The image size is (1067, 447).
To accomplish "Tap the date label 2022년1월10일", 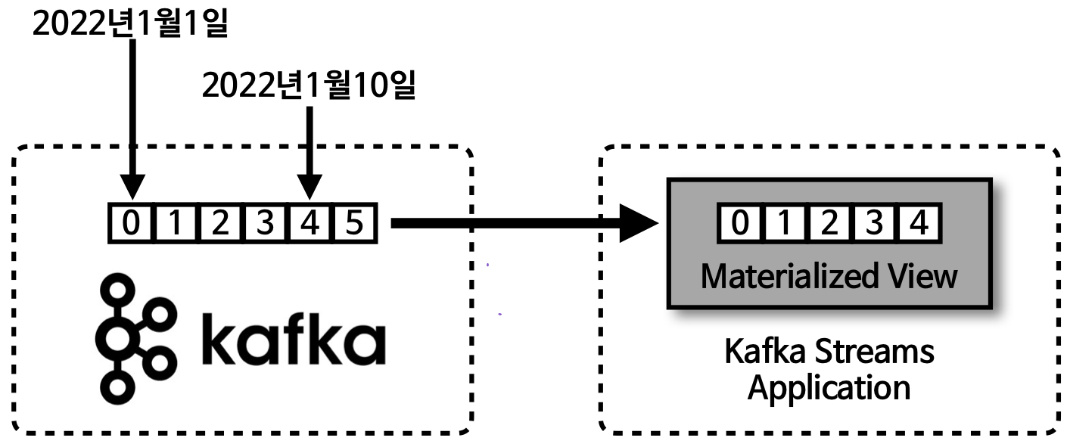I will tap(309, 86).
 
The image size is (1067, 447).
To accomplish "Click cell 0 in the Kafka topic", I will tap(132, 224).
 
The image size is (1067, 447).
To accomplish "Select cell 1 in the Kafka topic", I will tap(176, 224).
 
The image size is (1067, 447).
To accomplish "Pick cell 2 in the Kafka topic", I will tap(220, 224).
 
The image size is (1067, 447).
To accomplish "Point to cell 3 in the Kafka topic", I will tap(265, 224).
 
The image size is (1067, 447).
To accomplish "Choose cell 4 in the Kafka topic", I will tap(310, 224).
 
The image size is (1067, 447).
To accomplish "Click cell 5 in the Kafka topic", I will tap(354, 224).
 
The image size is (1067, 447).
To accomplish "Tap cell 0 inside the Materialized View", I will tap(742, 224).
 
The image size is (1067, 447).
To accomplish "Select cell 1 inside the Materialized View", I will tap(785, 224).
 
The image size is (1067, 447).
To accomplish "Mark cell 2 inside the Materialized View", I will tap(829, 224).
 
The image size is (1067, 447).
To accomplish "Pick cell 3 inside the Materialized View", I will tap(873, 224).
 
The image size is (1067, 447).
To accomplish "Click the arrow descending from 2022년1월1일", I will tap(132, 121).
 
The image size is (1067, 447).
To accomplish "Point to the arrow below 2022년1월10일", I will tap(309, 151).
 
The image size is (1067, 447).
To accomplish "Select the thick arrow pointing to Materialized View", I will tap(522, 223).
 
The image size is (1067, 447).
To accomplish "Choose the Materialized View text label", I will tap(829, 276).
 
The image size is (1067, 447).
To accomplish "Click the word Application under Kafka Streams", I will tap(829, 388).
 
